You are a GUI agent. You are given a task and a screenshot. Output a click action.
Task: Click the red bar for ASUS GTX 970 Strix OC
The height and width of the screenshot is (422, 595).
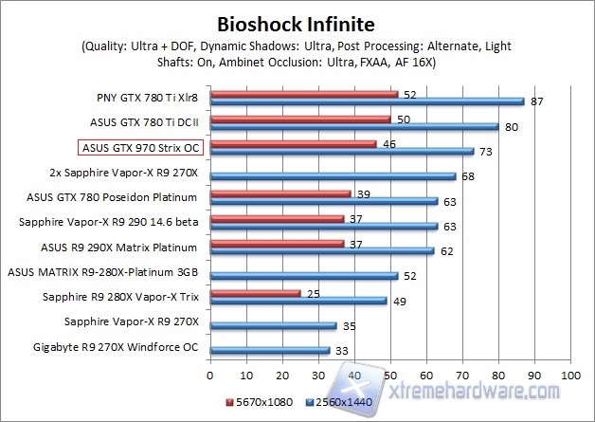coord(293,143)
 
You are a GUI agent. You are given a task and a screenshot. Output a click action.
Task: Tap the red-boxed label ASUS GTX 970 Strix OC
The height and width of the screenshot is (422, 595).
coord(139,148)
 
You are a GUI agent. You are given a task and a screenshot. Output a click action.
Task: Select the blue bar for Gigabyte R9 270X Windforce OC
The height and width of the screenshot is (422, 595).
coord(270,349)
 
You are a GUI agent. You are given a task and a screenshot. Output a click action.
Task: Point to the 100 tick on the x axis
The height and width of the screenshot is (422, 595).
coord(570,376)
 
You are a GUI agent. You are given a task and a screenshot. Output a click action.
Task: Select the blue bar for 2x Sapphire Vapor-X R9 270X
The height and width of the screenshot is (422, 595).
coord(333,175)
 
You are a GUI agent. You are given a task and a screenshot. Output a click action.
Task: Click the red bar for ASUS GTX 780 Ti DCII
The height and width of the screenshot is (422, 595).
coord(300,119)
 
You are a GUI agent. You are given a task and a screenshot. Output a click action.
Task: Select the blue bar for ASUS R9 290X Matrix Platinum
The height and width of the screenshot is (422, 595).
coord(322,250)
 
